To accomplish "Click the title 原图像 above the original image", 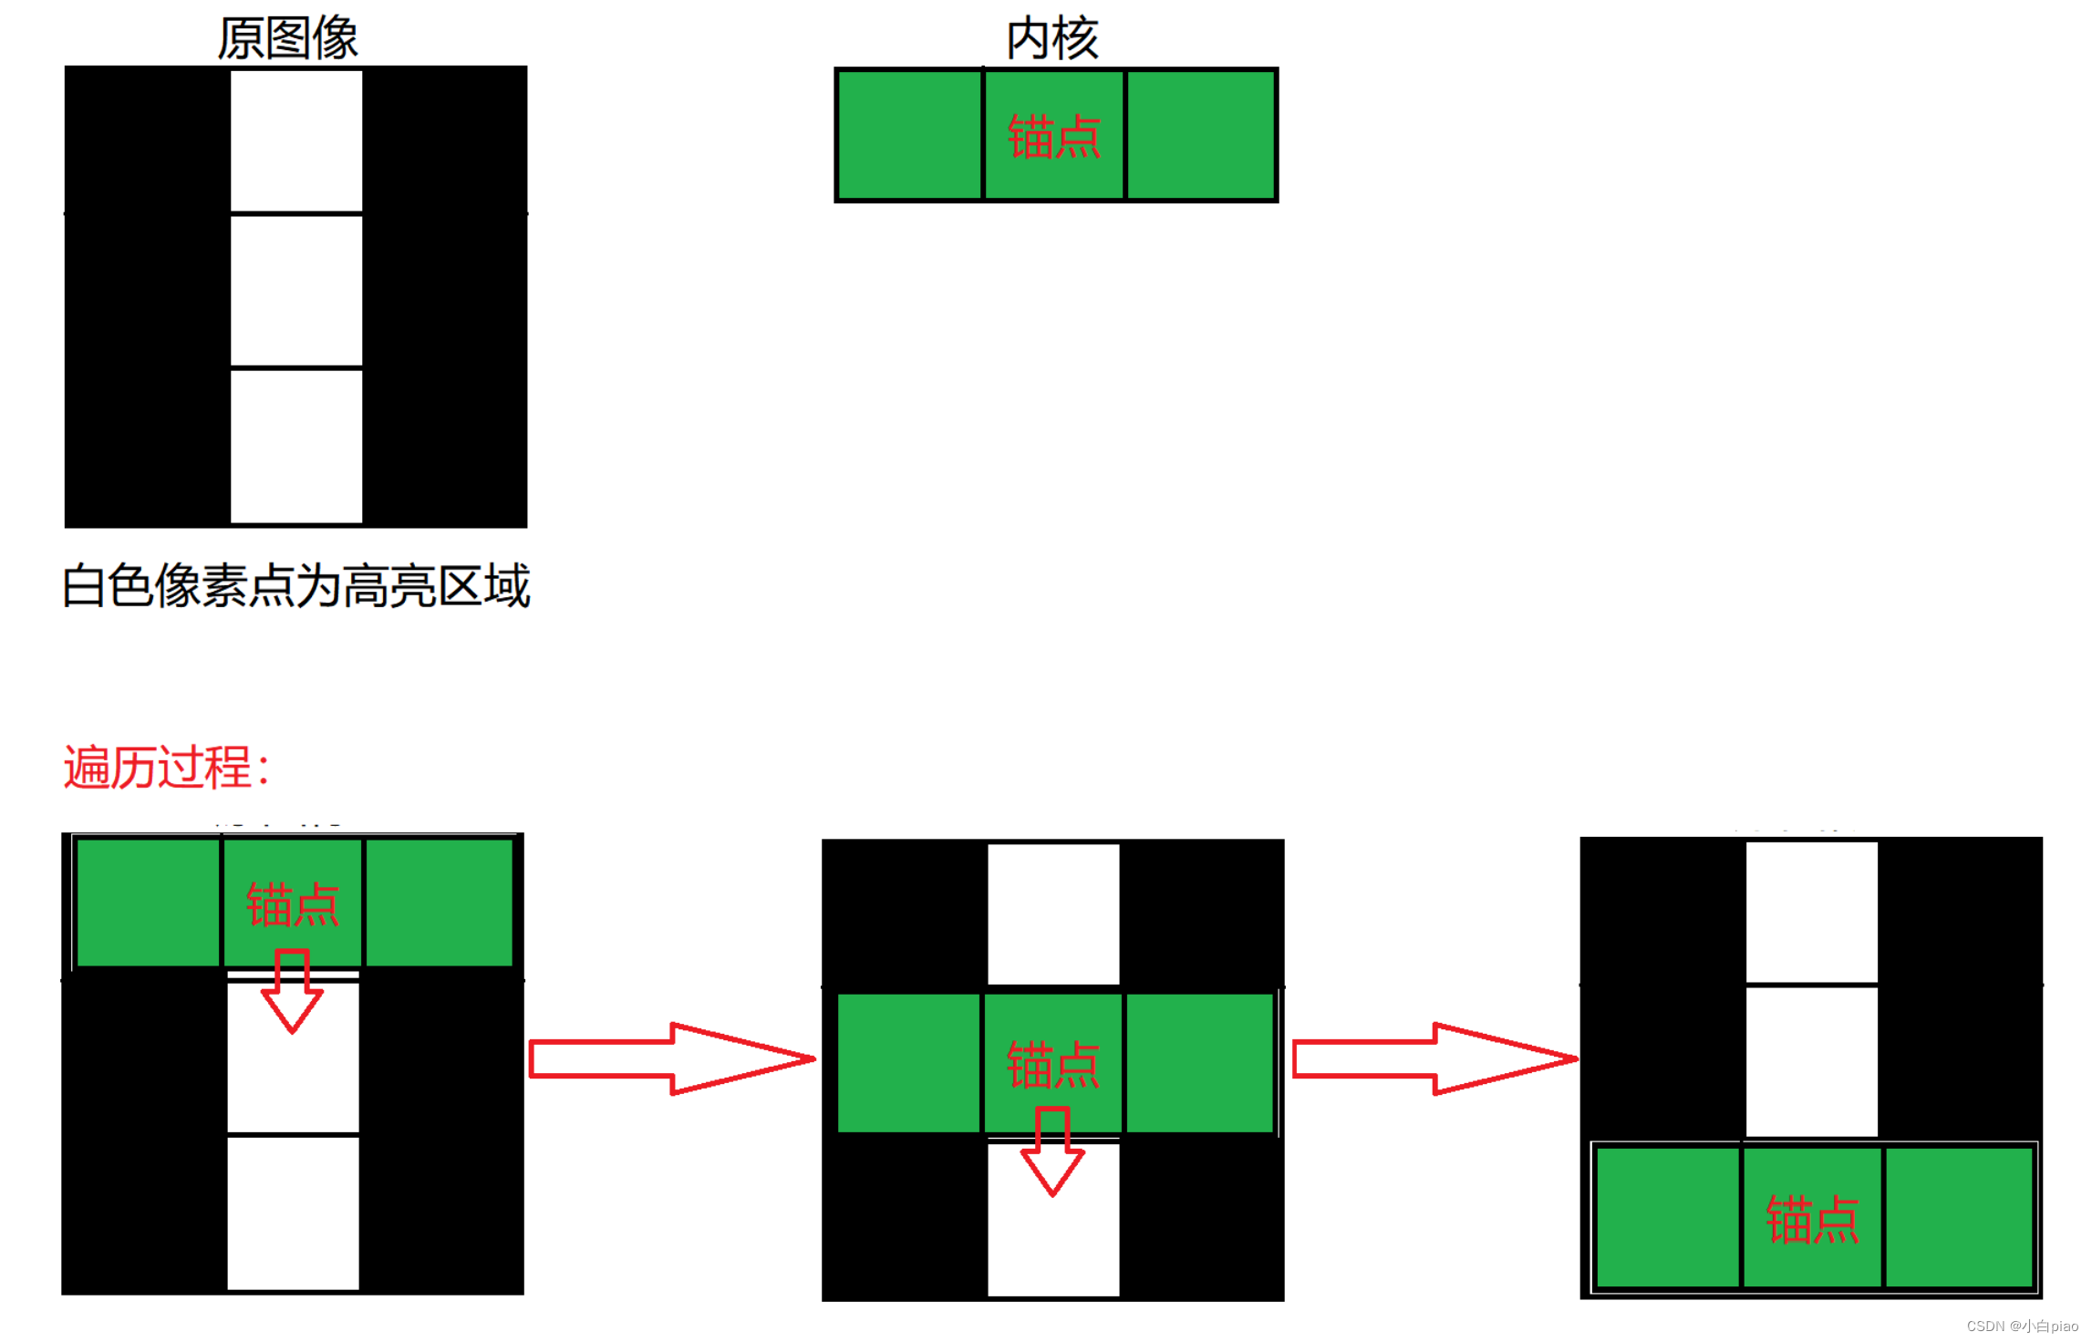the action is pos(287,38).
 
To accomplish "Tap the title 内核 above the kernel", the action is pos(1052,38).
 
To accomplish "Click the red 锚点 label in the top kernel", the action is pos(1054,137).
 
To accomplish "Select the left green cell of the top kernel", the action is pos(909,135).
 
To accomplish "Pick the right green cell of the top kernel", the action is pos(1200,135).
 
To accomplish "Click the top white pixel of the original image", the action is pos(296,140).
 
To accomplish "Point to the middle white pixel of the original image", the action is pos(296,291).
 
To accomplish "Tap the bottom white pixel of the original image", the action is pos(296,446).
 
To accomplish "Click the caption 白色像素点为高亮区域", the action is pos(296,585).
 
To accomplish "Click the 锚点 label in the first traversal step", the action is pos(293,904).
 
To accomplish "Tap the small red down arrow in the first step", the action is pos(292,992).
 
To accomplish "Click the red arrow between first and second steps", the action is pos(671,1058).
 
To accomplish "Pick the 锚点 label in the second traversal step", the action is pos(1053,1065).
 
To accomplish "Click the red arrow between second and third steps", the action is pos(1434,1058).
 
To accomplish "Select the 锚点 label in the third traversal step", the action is pos(1812,1220).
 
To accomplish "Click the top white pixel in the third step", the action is pos(1811,912).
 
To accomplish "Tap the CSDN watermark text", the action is pos(2022,1326).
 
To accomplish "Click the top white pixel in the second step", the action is pos(1053,914).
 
